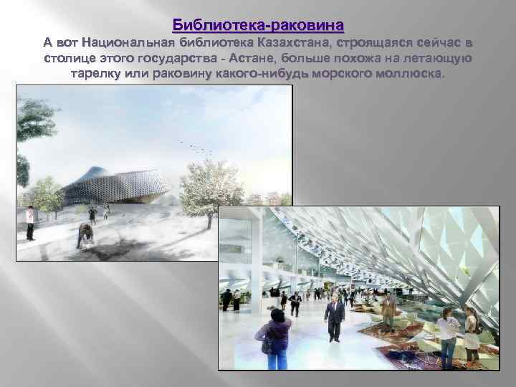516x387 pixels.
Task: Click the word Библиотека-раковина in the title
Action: click(258, 25)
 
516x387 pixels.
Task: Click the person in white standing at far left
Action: click(30, 222)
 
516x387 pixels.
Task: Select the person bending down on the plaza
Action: click(86, 236)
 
